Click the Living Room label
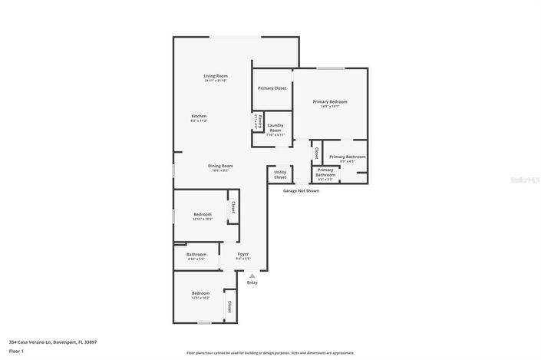tap(216, 76)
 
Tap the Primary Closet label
tap(272, 88)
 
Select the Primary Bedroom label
tap(329, 102)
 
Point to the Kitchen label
tap(199, 116)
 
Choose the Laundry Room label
tap(275, 127)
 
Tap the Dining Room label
tap(220, 166)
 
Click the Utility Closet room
tap(280, 175)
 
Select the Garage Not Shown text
tap(301, 191)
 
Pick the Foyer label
tap(242, 254)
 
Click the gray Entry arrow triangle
tap(252, 276)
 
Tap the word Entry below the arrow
tap(252, 282)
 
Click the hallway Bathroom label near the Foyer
tap(196, 254)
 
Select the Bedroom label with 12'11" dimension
tap(203, 215)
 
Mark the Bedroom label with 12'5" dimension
tap(200, 293)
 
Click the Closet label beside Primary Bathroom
tap(316, 152)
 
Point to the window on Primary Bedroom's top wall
tap(331, 68)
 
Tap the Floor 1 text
tap(17, 351)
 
